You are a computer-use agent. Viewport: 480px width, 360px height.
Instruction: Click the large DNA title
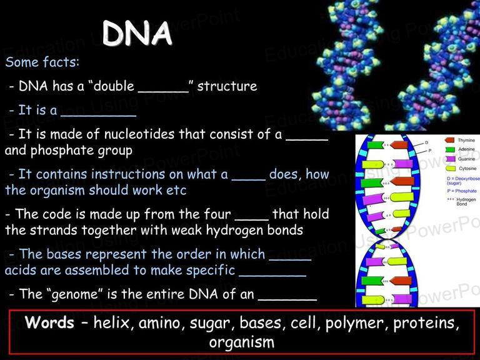tap(137, 33)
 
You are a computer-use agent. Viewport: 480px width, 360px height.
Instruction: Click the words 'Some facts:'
tap(42, 62)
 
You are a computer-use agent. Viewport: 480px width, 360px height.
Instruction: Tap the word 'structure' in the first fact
tap(227, 86)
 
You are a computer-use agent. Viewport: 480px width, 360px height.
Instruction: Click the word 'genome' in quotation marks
tap(75, 294)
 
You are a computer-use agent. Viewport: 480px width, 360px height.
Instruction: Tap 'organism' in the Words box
tap(242, 342)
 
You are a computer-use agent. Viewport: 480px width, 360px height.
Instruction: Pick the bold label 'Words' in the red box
tap(49, 322)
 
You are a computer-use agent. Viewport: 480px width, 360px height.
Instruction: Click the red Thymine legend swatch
tap(450, 140)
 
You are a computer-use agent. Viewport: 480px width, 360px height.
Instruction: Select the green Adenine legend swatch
tap(450, 149)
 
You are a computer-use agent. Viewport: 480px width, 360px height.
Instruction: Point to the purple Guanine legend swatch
tap(451, 159)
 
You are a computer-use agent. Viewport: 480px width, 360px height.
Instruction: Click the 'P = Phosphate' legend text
tap(462, 191)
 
